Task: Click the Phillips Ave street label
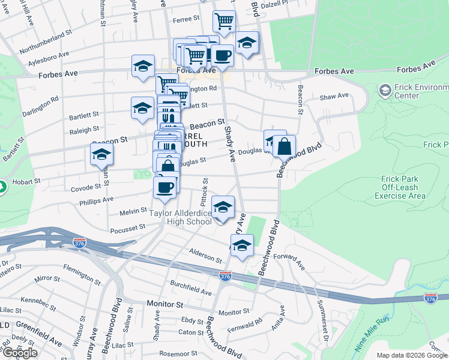click(x=96, y=199)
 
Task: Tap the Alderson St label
click(x=205, y=256)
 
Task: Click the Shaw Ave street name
click(x=334, y=96)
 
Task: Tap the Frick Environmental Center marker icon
click(x=385, y=91)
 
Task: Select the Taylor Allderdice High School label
click(x=180, y=217)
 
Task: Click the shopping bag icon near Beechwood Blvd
click(x=285, y=146)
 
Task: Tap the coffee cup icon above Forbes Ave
click(x=222, y=56)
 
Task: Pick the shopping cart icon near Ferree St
click(x=224, y=22)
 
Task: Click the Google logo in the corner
click(x=20, y=353)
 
